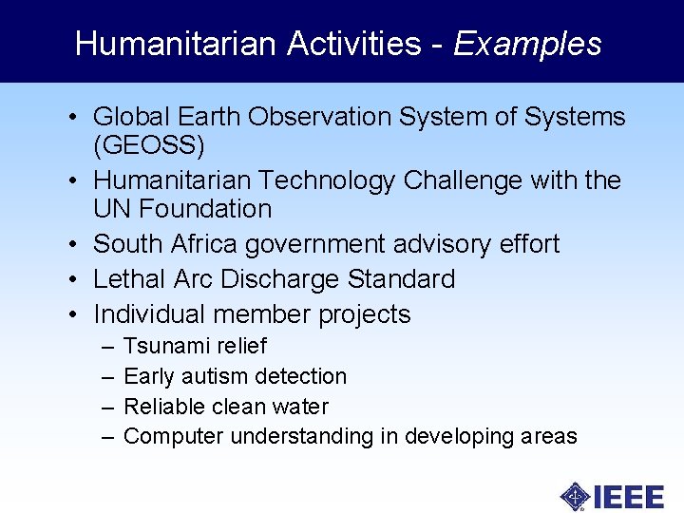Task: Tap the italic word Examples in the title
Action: coord(527,45)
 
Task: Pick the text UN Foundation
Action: coord(182,209)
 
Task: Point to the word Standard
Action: coord(402,279)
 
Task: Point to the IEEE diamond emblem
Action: coord(576,496)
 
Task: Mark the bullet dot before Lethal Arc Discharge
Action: coord(72,280)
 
